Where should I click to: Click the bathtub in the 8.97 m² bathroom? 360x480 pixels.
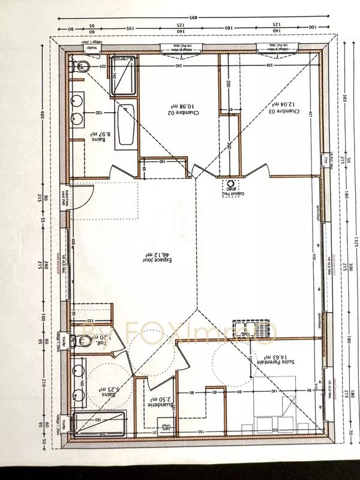[x=125, y=125]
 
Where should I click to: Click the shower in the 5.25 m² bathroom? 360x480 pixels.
[x=96, y=424]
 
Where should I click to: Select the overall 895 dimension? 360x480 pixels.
[x=191, y=18]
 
